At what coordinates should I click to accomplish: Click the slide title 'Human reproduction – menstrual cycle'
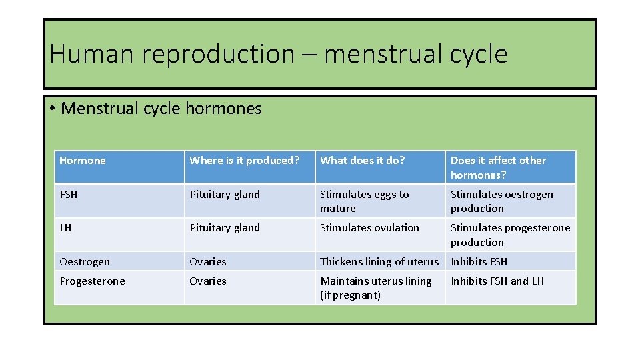(278, 54)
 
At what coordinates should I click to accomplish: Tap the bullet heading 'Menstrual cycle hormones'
(161, 109)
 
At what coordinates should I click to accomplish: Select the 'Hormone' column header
(83, 161)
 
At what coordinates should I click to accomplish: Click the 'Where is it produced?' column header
(245, 161)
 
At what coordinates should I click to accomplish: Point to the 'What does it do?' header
(363, 161)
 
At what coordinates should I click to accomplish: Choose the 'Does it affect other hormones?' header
(498, 167)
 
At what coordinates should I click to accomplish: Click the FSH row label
(69, 195)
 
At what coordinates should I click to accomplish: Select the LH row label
(65, 228)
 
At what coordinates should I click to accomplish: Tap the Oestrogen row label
(85, 262)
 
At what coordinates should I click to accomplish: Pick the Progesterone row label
(92, 281)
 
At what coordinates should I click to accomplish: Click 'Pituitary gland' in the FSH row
(225, 195)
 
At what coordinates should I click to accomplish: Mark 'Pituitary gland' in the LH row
(225, 228)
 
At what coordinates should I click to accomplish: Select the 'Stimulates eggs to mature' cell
(364, 201)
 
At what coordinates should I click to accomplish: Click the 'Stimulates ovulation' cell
(369, 228)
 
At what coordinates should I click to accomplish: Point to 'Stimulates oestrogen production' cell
(501, 201)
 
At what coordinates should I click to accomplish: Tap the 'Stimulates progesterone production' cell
(510, 235)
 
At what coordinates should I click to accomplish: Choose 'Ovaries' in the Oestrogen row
(208, 262)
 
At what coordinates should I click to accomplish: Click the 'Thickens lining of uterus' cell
(379, 262)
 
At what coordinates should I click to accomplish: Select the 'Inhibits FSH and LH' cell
(497, 281)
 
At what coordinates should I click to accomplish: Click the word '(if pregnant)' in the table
(351, 295)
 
